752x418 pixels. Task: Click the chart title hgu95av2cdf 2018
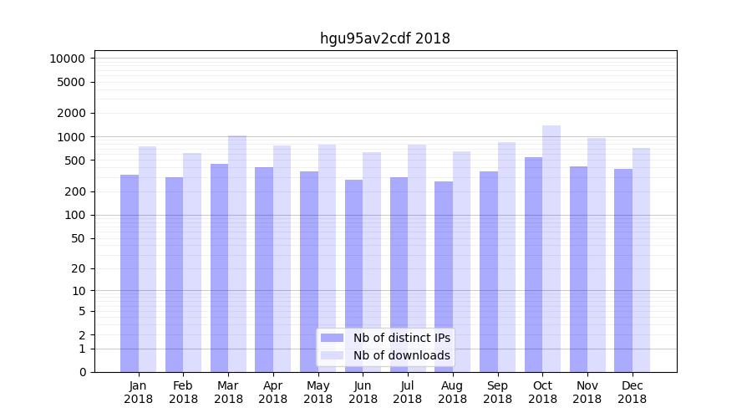384,38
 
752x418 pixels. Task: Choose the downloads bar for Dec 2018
642,260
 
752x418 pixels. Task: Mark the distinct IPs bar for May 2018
309,272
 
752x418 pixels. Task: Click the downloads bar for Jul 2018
417,258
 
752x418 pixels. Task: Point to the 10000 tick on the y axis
68,59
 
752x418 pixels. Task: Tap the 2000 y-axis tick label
71,113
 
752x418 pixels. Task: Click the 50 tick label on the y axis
77,238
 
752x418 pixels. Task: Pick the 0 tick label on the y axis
82,372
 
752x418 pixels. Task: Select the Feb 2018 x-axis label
183,392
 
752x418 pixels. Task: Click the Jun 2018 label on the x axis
363,392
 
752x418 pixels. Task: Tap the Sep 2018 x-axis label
497,392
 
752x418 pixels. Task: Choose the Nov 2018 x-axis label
587,392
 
